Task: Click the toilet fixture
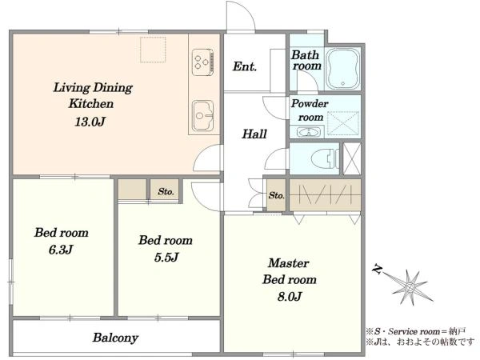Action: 325,159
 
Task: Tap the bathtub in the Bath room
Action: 343,69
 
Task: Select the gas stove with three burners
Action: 203,62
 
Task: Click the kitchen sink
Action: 202,115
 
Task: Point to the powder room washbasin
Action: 309,132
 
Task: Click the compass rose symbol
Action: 410,287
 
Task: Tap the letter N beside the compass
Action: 378,270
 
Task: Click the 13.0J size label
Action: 90,122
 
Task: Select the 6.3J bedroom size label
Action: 61,250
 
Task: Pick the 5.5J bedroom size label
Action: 166,258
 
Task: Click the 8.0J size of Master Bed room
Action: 290,296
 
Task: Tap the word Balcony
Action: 115,338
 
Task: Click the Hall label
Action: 254,134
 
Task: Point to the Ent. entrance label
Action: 244,66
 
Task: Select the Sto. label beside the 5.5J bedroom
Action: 166,192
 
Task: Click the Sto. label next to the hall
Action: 277,195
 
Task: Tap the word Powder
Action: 310,103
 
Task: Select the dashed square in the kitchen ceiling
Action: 153,50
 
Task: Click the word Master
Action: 288,263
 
